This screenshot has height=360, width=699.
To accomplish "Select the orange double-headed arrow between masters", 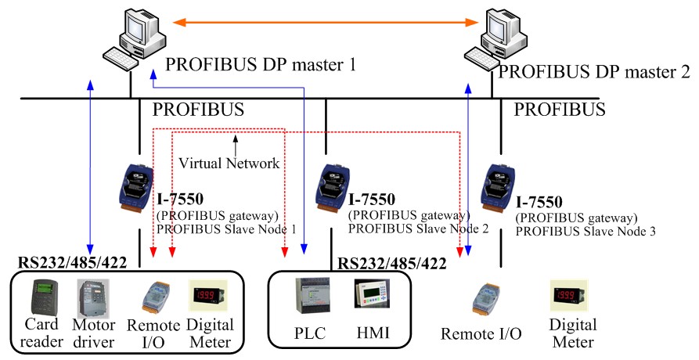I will [x=325, y=21].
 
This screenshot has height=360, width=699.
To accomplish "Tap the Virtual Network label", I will [x=229, y=164].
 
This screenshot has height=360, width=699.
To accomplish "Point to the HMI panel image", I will [x=369, y=297].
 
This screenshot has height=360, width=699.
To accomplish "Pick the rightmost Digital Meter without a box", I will [x=571, y=297].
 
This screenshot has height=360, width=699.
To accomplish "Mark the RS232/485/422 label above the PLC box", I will [x=392, y=264].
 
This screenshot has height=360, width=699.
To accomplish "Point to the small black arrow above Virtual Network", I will [x=234, y=143].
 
